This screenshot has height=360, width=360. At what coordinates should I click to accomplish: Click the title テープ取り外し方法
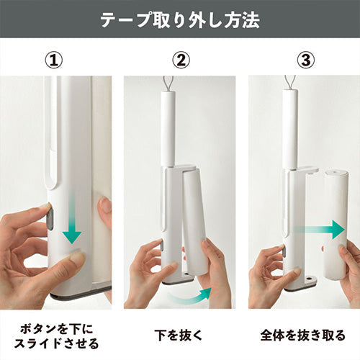coord(180,19)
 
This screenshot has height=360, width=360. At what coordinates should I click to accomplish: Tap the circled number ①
coord(54,60)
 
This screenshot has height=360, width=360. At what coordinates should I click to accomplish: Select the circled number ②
coord(181,60)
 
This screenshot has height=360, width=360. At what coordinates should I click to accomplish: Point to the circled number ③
coord(306,60)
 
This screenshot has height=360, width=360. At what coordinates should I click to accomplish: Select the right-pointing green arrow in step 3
coord(319,230)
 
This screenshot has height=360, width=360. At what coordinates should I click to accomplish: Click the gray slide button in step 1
coord(50,218)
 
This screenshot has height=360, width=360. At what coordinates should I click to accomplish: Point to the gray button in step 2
coord(162,246)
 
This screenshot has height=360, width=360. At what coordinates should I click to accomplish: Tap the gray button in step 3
coord(285,251)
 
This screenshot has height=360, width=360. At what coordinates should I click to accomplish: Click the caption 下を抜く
coord(179,335)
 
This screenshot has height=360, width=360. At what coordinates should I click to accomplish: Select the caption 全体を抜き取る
coord(303,335)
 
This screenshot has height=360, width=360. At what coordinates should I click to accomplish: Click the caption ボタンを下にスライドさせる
coord(57,336)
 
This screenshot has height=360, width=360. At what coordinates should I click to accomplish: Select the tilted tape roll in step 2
coord(195,222)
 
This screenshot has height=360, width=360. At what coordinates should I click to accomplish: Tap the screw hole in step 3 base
coord(309,279)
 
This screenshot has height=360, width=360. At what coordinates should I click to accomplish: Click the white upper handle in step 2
coord(168,128)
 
